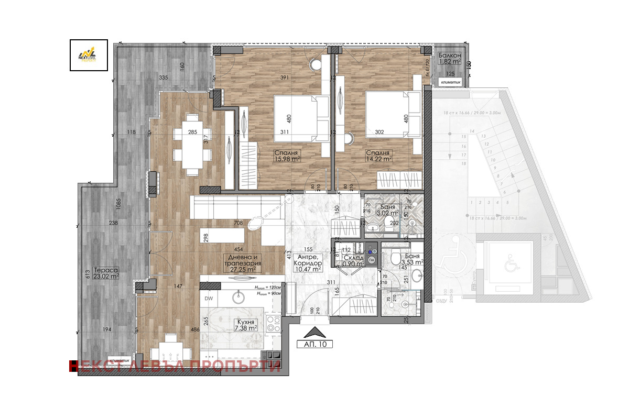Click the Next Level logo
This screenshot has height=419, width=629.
pos(89,54)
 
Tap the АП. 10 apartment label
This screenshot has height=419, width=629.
pos(315,345)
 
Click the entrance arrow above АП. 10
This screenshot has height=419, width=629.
pos(315,332)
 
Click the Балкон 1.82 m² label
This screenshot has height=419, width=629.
pos(450,58)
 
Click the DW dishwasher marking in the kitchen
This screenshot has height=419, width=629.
pos(209,299)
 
